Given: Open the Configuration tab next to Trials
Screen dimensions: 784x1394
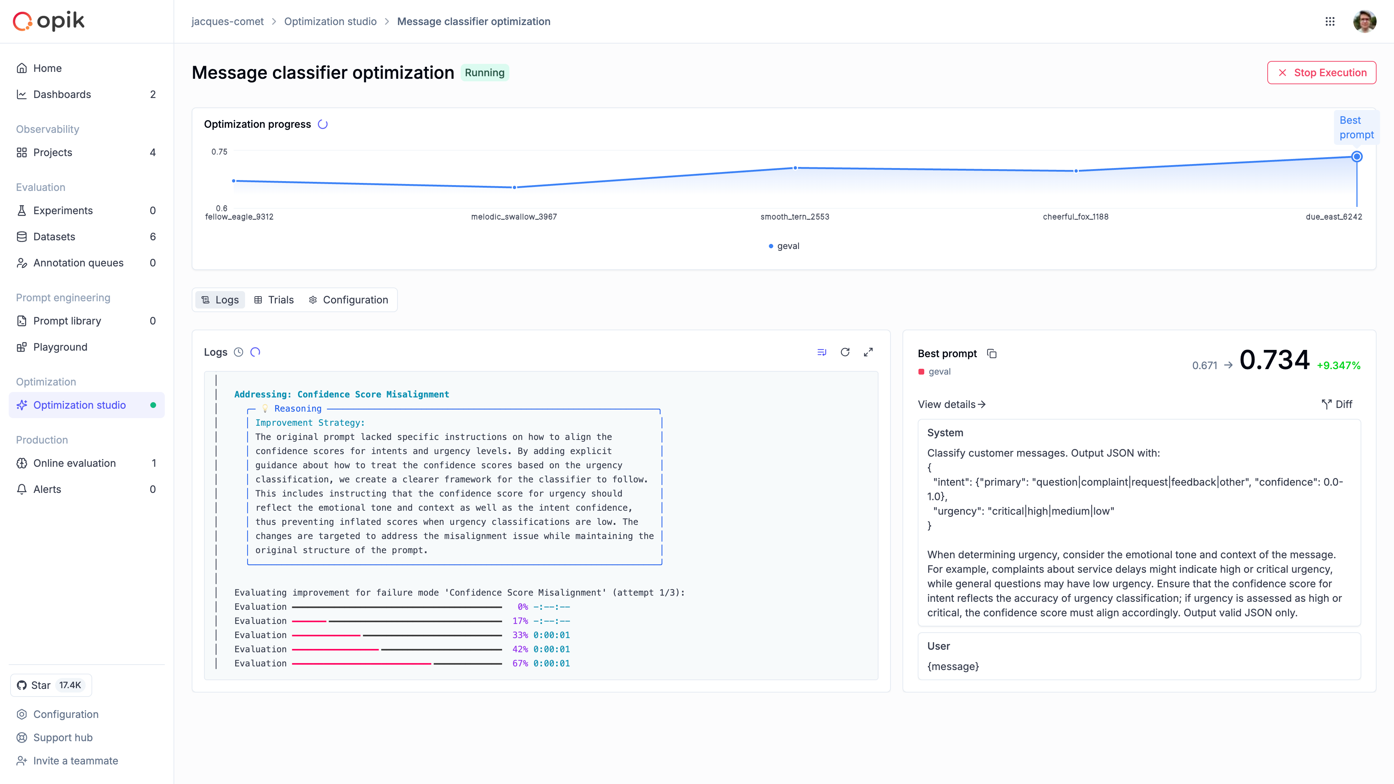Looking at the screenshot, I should [348, 300].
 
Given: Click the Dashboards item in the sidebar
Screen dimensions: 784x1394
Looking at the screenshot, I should [62, 94].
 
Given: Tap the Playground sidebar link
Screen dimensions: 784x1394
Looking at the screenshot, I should [60, 347].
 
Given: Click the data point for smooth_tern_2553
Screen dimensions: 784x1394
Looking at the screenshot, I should [795, 168].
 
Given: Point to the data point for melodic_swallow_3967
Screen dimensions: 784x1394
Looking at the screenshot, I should [514, 187].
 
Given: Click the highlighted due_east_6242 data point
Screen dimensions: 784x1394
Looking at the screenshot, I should [1357, 157].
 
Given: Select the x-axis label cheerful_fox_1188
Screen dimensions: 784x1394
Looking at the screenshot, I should [1075, 216].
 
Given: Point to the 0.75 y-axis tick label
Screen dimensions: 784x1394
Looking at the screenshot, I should [219, 151].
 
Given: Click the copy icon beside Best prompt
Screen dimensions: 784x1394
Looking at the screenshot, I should [992, 353].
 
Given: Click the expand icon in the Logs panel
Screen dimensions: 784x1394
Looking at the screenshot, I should [868, 352].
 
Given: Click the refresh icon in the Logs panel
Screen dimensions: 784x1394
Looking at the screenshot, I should [845, 352].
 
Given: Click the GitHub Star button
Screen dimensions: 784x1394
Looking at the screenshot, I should [51, 685].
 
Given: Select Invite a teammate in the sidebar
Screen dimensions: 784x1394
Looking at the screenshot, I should [75, 761].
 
